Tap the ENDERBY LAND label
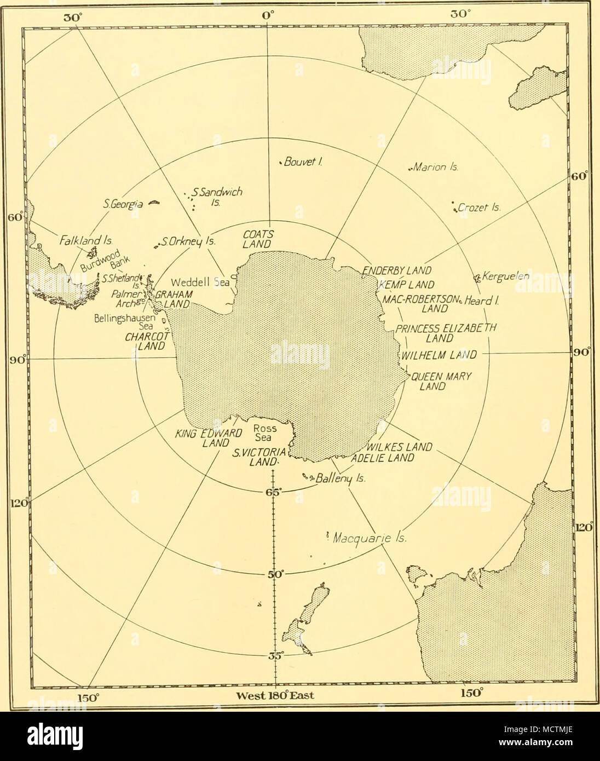[397, 270]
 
